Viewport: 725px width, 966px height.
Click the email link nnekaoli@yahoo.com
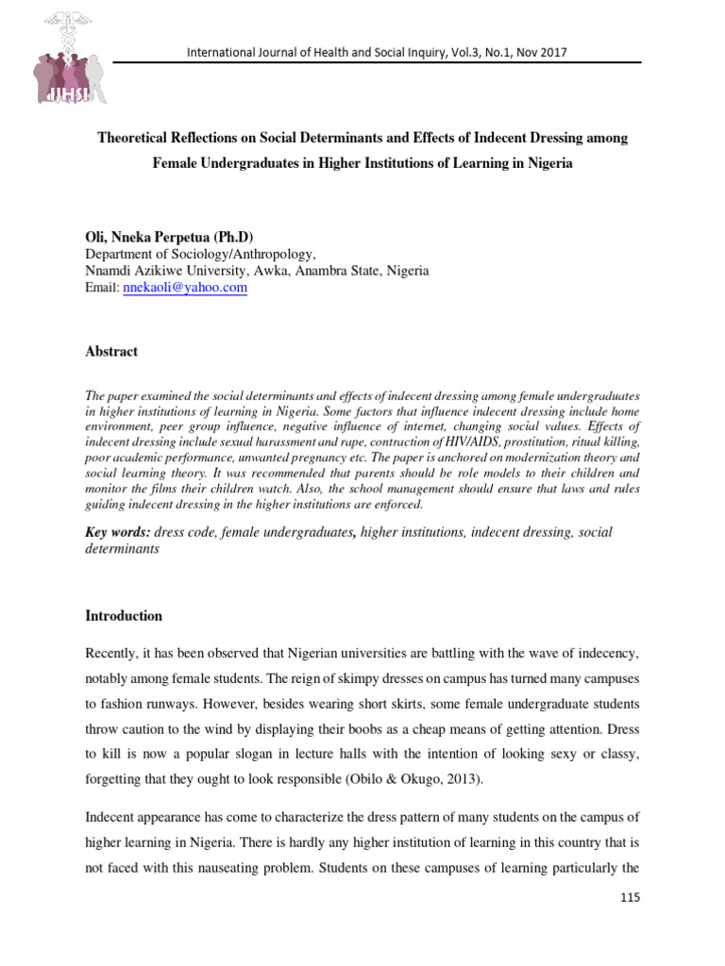pos(185,289)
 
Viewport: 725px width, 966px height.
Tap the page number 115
pos(630,897)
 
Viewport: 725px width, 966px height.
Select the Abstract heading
pos(111,351)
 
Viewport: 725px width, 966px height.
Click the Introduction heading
pos(124,616)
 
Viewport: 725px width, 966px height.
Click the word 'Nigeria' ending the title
pos(548,162)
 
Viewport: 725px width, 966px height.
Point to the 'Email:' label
pos(102,289)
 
